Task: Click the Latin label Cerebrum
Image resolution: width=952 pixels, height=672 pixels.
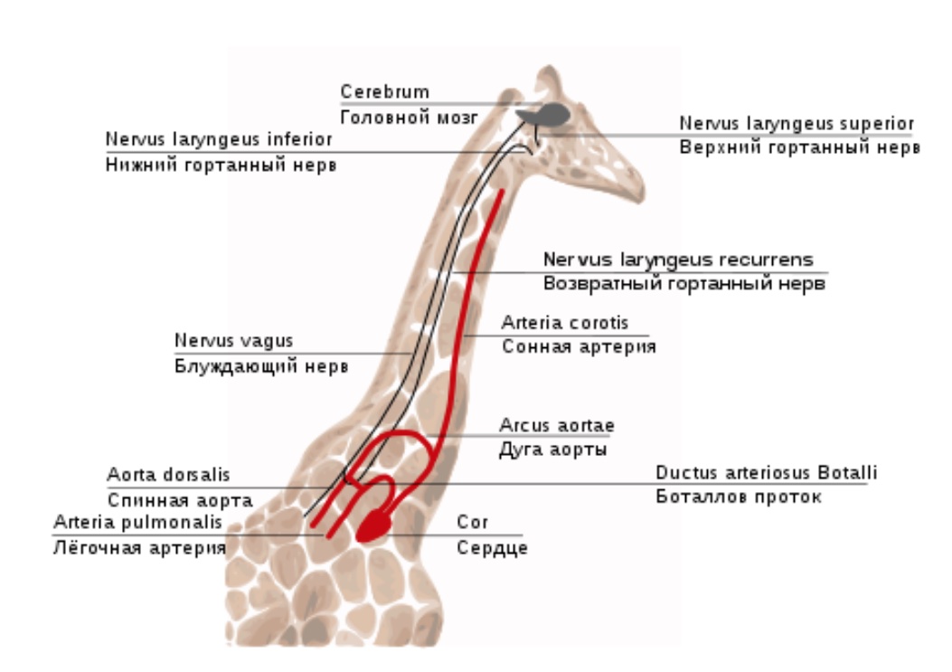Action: click(x=385, y=91)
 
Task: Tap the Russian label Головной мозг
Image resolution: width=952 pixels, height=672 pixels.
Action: click(x=410, y=118)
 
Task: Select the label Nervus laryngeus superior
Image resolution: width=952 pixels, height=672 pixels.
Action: click(x=796, y=123)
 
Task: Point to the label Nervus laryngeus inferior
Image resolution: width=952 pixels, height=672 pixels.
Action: click(x=219, y=140)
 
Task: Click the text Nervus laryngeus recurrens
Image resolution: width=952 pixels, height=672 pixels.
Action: click(x=678, y=260)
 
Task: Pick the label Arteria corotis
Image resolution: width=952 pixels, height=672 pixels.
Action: click(x=565, y=323)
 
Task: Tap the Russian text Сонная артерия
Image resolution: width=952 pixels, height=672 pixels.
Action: click(x=579, y=347)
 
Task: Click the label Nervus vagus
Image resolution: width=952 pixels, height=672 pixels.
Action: click(x=234, y=340)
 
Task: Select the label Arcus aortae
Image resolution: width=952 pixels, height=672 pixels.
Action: click(x=557, y=425)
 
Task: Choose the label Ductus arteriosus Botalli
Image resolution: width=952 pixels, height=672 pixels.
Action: click(x=767, y=473)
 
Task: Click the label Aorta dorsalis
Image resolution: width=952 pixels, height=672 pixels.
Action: click(x=168, y=475)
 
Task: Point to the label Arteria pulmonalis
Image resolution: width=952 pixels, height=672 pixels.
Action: click(x=137, y=522)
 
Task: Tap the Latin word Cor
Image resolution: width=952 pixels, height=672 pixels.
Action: click(x=472, y=522)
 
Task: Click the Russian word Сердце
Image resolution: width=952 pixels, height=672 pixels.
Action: click(x=492, y=548)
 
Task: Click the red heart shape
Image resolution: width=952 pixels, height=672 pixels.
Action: click(x=374, y=525)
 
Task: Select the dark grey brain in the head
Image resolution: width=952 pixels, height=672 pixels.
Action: click(x=544, y=114)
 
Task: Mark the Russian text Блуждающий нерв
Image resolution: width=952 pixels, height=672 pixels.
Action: click(x=261, y=366)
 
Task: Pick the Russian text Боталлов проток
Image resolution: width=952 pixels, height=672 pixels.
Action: click(x=739, y=497)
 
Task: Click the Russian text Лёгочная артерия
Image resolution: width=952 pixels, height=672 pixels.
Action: click(x=139, y=548)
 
